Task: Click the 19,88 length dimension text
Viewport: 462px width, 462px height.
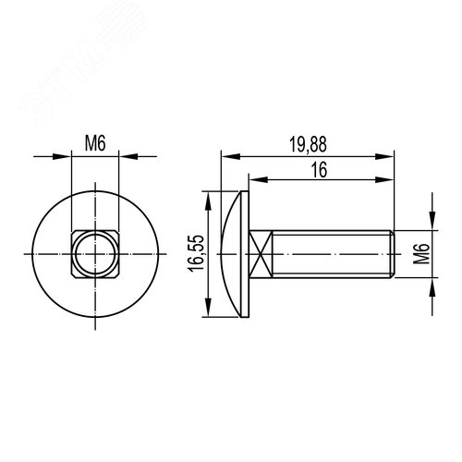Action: tap(308, 145)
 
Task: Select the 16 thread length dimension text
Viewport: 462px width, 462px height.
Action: tap(319, 170)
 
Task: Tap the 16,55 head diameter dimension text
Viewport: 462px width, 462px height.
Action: tap(196, 253)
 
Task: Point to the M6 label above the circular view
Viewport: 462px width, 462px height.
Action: tap(95, 143)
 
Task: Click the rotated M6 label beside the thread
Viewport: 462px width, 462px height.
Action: tap(421, 254)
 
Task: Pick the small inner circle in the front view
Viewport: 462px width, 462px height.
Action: tap(95, 254)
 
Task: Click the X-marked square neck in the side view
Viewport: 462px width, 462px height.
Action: tap(261, 254)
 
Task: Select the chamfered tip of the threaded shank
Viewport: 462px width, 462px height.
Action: tap(393, 254)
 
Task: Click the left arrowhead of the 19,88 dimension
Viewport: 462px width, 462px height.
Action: tap(231, 156)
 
